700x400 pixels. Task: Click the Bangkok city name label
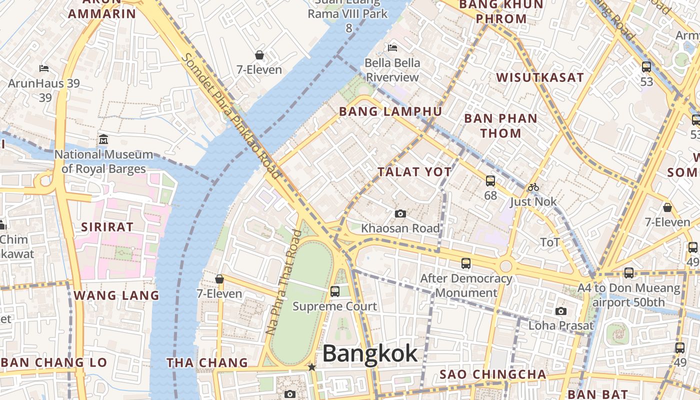pyautogui.click(x=370, y=354)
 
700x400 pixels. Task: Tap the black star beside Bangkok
pyautogui.click(x=312, y=367)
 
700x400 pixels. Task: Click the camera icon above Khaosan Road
pyautogui.click(x=400, y=214)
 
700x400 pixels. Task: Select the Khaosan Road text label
pyautogui.click(x=400, y=228)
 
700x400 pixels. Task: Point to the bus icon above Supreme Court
pyautogui.click(x=335, y=291)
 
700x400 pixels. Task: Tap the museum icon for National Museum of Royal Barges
pyautogui.click(x=103, y=138)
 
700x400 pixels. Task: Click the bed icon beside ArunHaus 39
pyautogui.click(x=44, y=68)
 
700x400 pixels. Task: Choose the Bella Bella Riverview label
pyautogui.click(x=392, y=70)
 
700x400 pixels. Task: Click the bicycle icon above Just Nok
pyautogui.click(x=533, y=187)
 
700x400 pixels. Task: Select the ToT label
pyautogui.click(x=550, y=242)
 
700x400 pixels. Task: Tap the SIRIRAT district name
pyautogui.click(x=107, y=227)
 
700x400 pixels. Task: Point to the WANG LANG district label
pyautogui.click(x=116, y=295)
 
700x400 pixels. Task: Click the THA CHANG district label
pyautogui.click(x=207, y=362)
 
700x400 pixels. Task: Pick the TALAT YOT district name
pyautogui.click(x=414, y=172)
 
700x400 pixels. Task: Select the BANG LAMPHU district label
pyautogui.click(x=390, y=111)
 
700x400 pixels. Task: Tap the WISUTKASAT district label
pyautogui.click(x=540, y=77)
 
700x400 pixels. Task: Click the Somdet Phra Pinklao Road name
pyautogui.click(x=230, y=116)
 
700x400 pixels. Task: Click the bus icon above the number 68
pyautogui.click(x=490, y=181)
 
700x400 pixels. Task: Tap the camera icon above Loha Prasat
pyautogui.click(x=561, y=311)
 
